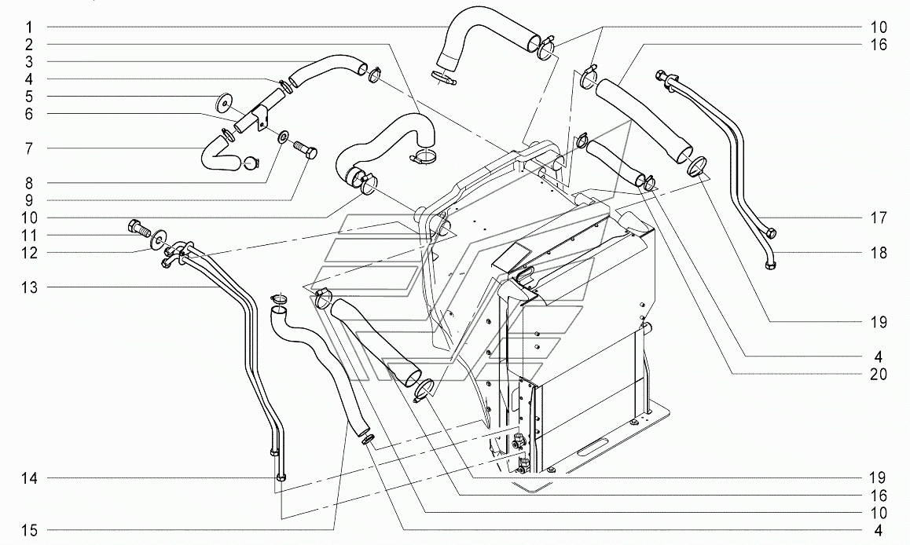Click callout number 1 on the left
tap(29, 27)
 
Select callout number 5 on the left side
tap(29, 97)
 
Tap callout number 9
tap(29, 200)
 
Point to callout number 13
tap(29, 287)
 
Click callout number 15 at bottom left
tap(29, 530)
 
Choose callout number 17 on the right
tap(879, 218)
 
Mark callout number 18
tap(879, 253)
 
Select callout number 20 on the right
tap(879, 374)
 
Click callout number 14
tap(29, 478)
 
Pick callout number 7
tap(29, 149)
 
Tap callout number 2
tap(29, 45)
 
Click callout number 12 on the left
tap(29, 253)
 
